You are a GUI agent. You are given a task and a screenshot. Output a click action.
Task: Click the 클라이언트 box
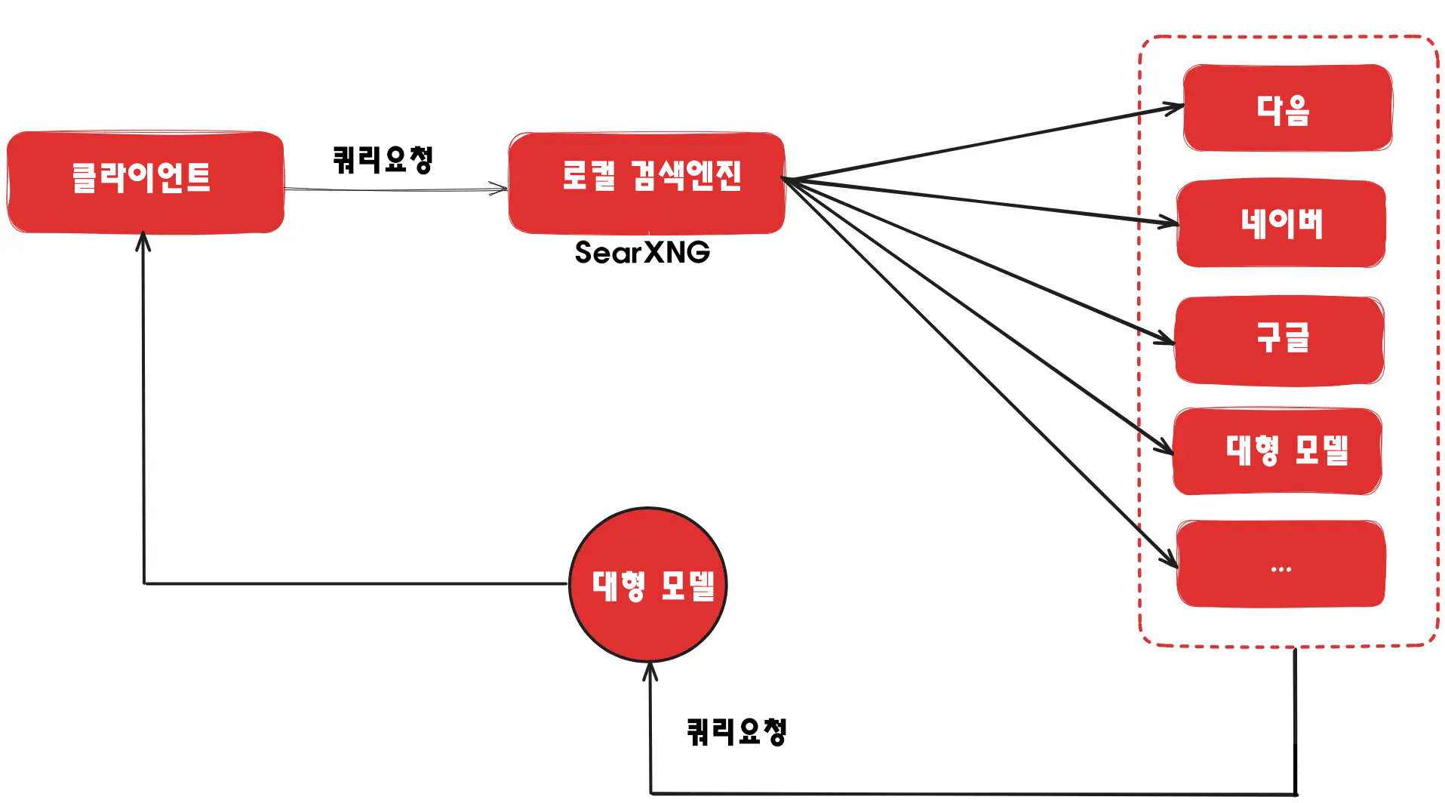[145, 181]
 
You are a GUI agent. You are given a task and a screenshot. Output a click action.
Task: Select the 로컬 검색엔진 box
[647, 182]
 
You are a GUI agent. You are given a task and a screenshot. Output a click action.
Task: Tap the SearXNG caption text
[642, 252]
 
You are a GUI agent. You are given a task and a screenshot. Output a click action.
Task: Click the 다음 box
[1287, 108]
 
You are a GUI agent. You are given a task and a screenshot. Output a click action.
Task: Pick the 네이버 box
[1281, 223]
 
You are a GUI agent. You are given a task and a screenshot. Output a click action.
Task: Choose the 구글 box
[1279, 340]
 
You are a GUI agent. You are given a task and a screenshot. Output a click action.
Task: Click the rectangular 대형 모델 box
[1277, 451]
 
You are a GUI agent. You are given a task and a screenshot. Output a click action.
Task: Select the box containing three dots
[1281, 564]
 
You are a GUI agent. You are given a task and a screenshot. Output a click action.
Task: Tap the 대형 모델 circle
[648, 585]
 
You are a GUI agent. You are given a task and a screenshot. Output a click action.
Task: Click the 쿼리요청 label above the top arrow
[383, 159]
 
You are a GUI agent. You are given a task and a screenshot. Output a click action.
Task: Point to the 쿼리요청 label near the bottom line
[736, 731]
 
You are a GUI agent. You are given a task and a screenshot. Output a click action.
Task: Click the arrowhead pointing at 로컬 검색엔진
[500, 189]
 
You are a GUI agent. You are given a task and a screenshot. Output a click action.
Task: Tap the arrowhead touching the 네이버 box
[1170, 223]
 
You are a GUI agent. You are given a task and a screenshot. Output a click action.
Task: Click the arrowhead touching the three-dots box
[1171, 561]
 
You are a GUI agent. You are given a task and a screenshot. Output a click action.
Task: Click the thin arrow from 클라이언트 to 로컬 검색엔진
[392, 189]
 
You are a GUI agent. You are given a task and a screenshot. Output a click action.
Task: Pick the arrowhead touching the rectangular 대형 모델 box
[1167, 449]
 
